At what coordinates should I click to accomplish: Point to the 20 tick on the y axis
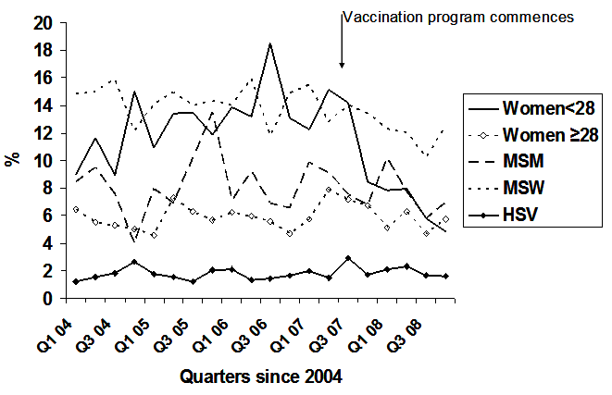click(44, 22)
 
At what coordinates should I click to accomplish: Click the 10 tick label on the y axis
click(44, 160)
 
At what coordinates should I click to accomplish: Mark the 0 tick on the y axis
click(48, 299)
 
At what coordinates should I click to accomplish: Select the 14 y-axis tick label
click(44, 105)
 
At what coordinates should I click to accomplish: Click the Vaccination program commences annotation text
click(459, 17)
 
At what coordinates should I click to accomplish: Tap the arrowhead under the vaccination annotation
click(342, 65)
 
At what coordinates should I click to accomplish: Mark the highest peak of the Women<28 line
click(269, 43)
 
